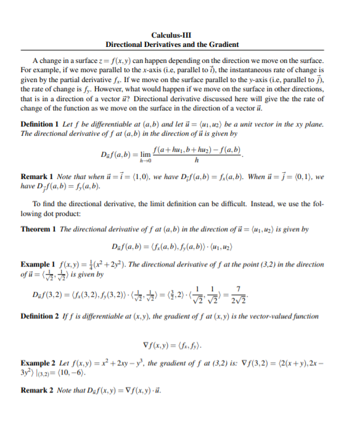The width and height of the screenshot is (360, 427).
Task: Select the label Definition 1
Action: click(41, 124)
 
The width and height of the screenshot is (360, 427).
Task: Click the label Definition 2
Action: click(41, 317)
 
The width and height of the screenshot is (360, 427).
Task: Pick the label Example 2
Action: click(38, 362)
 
